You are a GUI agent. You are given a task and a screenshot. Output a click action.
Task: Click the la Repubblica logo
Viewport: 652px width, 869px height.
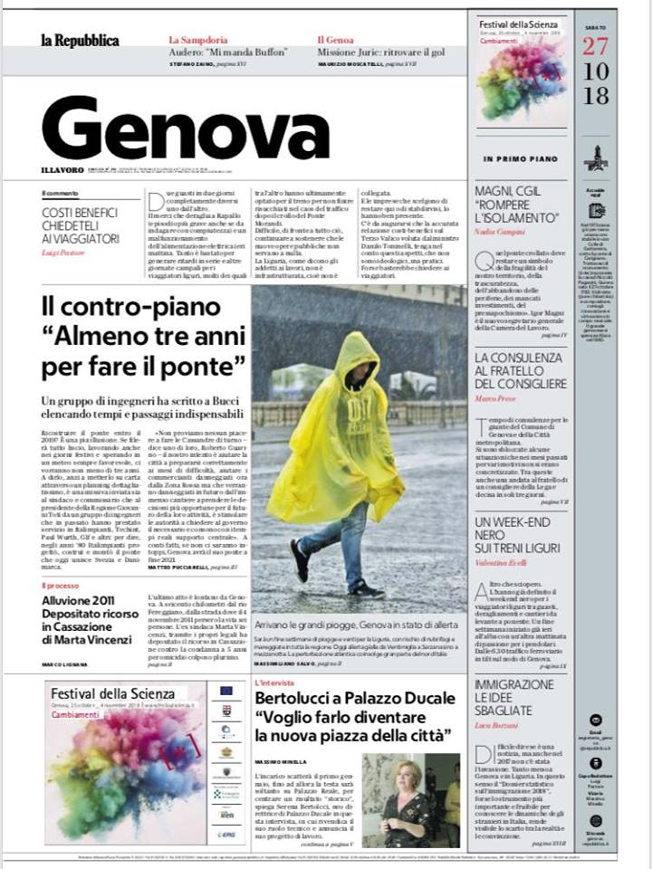[80, 41]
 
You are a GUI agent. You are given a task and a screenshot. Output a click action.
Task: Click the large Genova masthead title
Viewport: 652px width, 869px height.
[185, 129]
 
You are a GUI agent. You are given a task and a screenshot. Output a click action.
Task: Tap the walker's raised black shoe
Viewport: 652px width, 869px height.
[299, 560]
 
